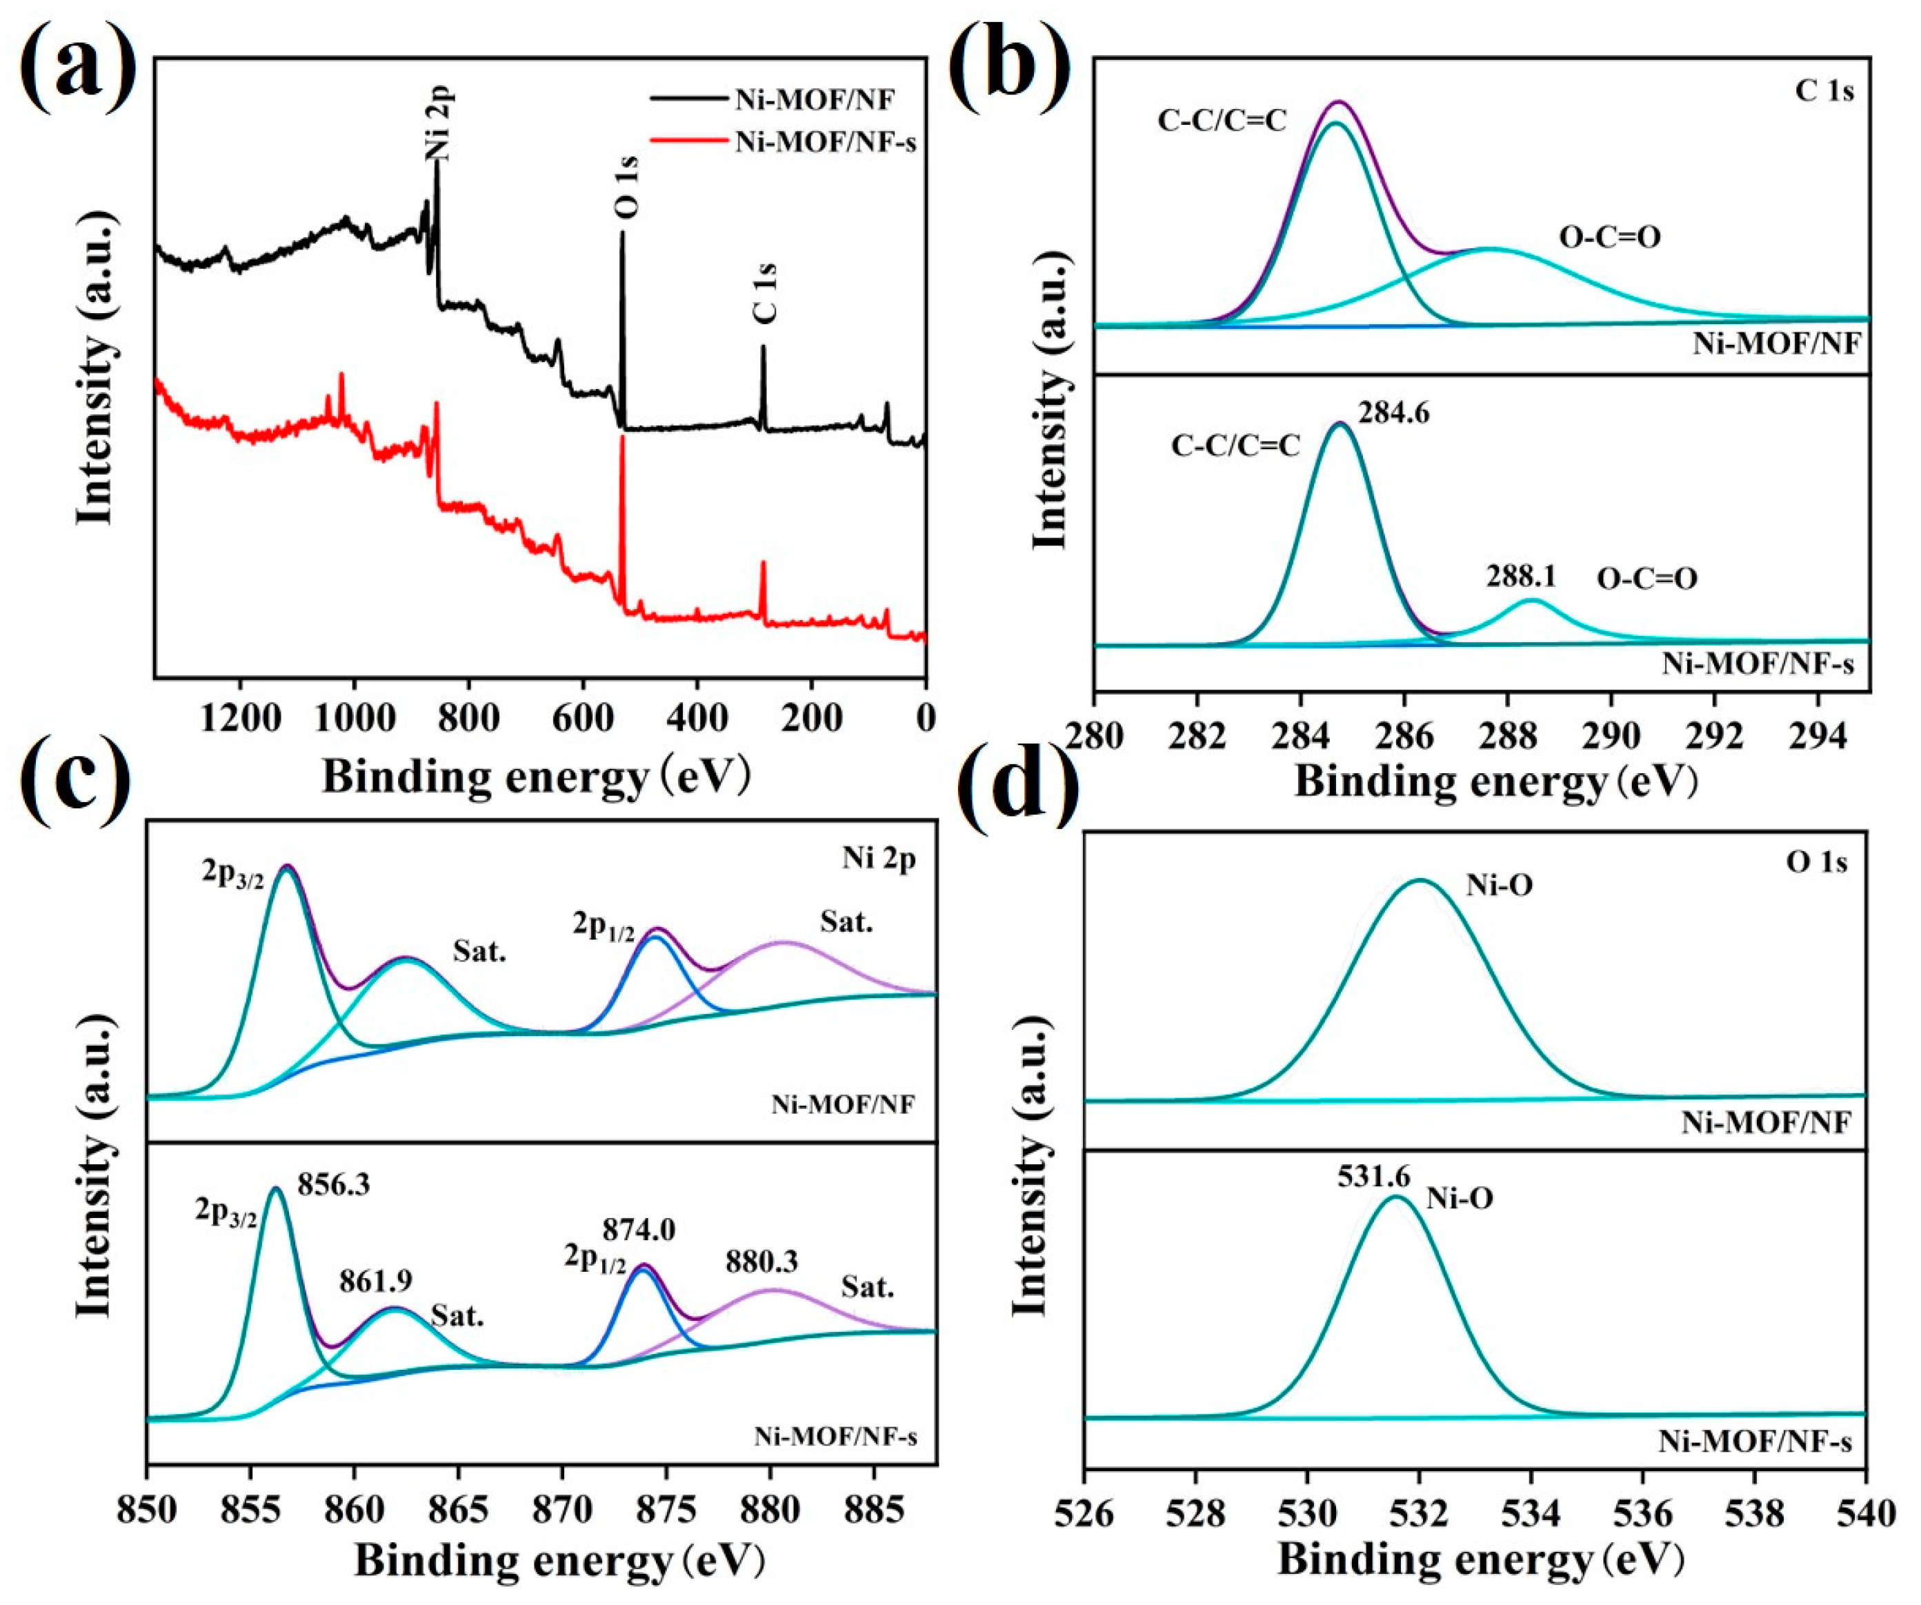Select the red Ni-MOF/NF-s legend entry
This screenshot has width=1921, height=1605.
pos(824,143)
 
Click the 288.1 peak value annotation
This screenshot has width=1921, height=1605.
pos(1520,575)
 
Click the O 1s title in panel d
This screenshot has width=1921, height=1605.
pos(1815,862)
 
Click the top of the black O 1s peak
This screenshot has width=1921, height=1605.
pos(622,233)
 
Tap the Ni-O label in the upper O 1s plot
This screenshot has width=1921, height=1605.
pos(1500,885)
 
